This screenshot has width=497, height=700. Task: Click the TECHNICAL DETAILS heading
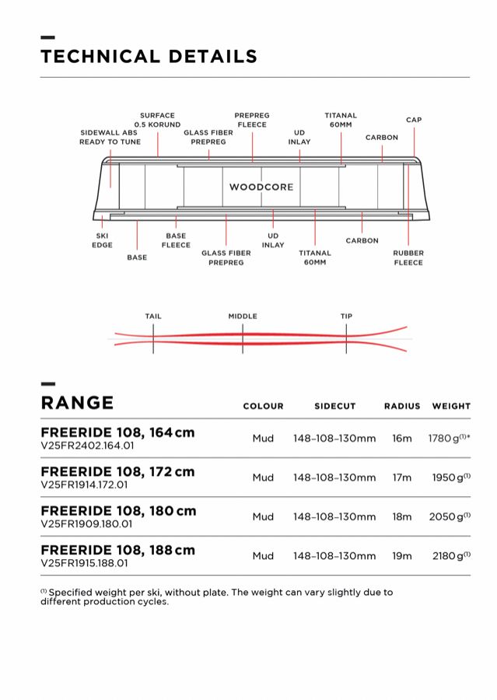(x=149, y=56)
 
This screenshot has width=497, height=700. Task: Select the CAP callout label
(x=414, y=120)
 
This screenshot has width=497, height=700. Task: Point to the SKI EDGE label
(x=103, y=240)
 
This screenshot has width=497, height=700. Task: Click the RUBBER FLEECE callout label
(x=408, y=257)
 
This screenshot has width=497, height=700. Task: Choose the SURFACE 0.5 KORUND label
(x=157, y=120)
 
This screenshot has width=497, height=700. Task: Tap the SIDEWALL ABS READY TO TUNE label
(x=110, y=137)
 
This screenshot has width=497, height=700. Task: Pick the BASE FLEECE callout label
(x=176, y=240)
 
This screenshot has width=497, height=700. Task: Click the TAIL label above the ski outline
(x=153, y=317)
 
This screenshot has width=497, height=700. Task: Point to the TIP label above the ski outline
(x=346, y=317)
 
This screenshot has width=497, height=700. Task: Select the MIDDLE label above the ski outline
(x=243, y=317)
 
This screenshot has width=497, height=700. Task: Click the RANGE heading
(x=77, y=403)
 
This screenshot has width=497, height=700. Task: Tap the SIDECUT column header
(x=334, y=406)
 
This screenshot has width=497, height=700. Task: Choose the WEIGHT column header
(x=451, y=406)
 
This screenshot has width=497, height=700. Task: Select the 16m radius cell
(x=402, y=439)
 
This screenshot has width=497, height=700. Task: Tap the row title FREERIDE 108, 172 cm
(x=117, y=471)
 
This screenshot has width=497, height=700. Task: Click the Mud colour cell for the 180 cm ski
(x=263, y=516)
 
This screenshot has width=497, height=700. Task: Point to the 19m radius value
(x=402, y=556)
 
